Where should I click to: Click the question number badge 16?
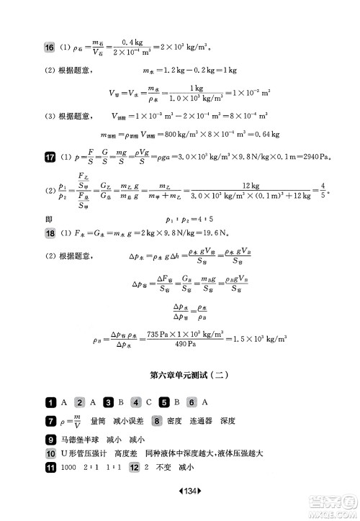pos(50,47)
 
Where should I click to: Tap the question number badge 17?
pos(50,157)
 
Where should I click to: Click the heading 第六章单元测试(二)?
pos(179,374)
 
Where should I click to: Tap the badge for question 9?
pos(50,438)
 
